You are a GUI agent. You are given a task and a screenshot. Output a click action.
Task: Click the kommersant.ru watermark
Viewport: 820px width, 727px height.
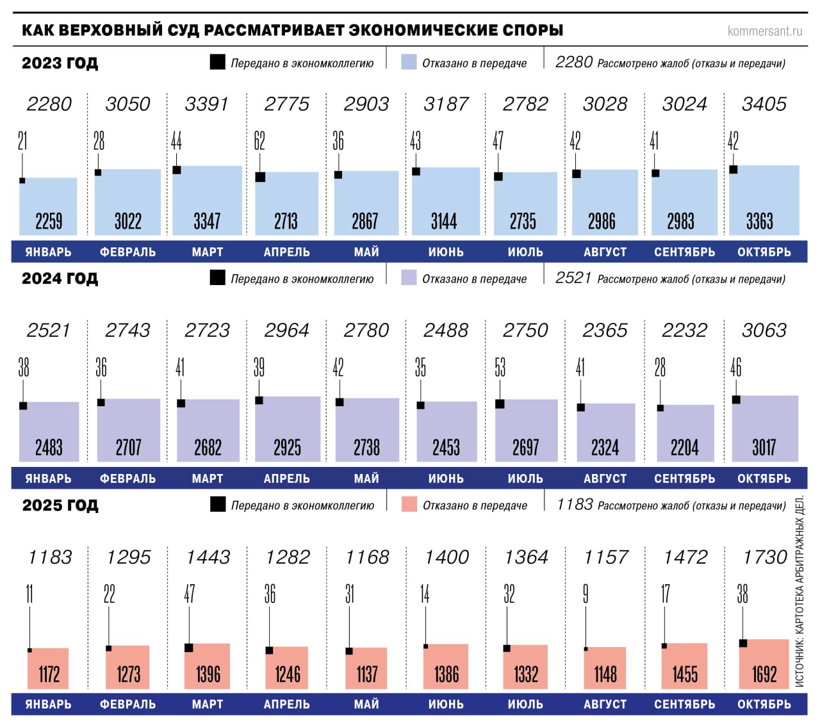pyautogui.click(x=764, y=31)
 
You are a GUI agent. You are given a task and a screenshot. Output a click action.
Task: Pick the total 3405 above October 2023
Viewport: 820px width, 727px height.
pyautogui.click(x=764, y=104)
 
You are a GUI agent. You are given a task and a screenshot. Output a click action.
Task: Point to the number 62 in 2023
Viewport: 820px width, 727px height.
pyautogui.click(x=259, y=141)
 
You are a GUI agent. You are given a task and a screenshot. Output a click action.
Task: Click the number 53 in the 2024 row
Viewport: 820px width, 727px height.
pyautogui.click(x=500, y=368)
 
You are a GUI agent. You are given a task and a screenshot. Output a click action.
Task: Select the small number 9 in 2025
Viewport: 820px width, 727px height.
pyautogui.click(x=586, y=594)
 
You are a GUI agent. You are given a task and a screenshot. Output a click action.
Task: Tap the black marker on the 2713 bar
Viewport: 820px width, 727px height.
pyautogui.click(x=260, y=177)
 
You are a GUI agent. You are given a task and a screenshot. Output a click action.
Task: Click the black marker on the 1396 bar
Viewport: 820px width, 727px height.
pyautogui.click(x=189, y=648)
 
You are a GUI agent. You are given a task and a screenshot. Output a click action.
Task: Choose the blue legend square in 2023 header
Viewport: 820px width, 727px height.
pyautogui.click(x=409, y=62)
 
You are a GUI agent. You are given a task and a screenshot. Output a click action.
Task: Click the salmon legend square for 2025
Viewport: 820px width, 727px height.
pyautogui.click(x=409, y=504)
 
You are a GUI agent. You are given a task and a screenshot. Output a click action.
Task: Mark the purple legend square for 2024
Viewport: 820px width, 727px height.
pyautogui.click(x=409, y=277)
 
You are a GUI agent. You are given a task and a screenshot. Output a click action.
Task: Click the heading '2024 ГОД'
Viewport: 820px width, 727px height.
pyautogui.click(x=60, y=279)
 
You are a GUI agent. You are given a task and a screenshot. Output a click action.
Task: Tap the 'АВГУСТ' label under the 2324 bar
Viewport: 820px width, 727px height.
pyautogui.click(x=605, y=478)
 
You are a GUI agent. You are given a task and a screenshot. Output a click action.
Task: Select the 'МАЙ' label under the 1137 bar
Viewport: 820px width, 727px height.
pyautogui.click(x=366, y=705)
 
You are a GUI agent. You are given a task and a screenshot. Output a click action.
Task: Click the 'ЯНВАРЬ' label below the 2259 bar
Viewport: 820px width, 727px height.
pyautogui.click(x=48, y=252)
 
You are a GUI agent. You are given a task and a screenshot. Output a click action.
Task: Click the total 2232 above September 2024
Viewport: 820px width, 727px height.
pyautogui.click(x=684, y=331)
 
